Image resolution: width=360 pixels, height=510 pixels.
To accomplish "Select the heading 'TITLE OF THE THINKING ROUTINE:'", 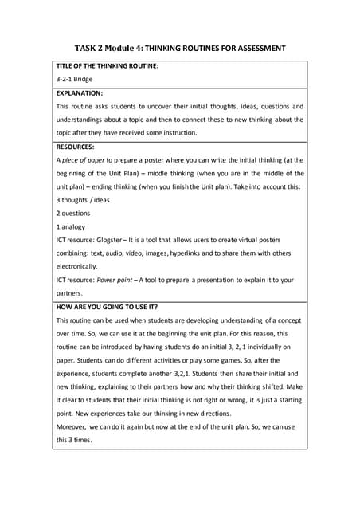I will (x=108, y=65).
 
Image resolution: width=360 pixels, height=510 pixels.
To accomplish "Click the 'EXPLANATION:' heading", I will (x=80, y=93).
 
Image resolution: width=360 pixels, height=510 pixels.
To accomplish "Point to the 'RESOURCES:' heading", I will (x=76, y=147).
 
